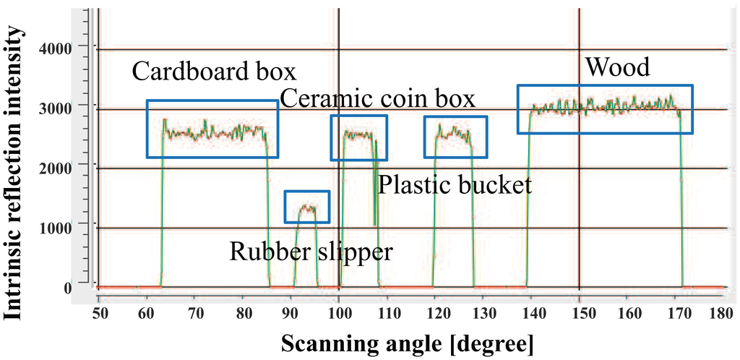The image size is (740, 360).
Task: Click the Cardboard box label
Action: click(215, 72)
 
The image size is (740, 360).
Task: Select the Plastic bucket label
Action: click(455, 186)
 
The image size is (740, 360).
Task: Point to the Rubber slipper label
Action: click(311, 252)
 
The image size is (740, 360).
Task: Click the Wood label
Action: click(618, 68)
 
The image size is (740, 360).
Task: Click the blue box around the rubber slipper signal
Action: click(306, 207)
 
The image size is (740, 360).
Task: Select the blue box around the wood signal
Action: click(605, 109)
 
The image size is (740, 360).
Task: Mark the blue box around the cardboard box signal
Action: click(212, 129)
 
